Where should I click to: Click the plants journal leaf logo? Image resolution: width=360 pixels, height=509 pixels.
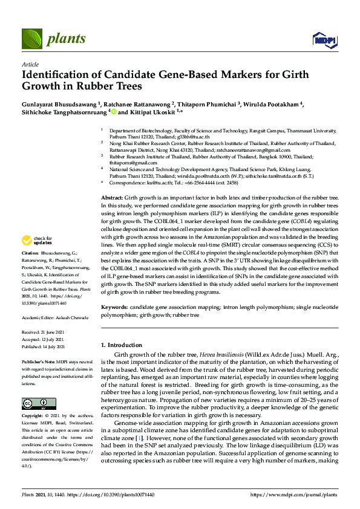pos(32,39)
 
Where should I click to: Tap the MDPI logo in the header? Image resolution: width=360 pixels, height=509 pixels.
pos(324,40)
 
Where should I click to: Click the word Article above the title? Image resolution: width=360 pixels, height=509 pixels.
pos(30,64)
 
